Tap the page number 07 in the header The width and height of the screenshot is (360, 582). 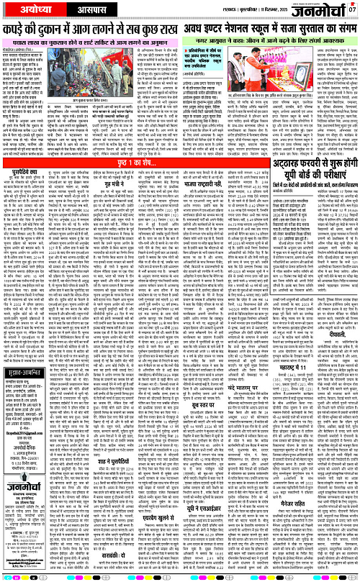pyautogui.click(x=354, y=9)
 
